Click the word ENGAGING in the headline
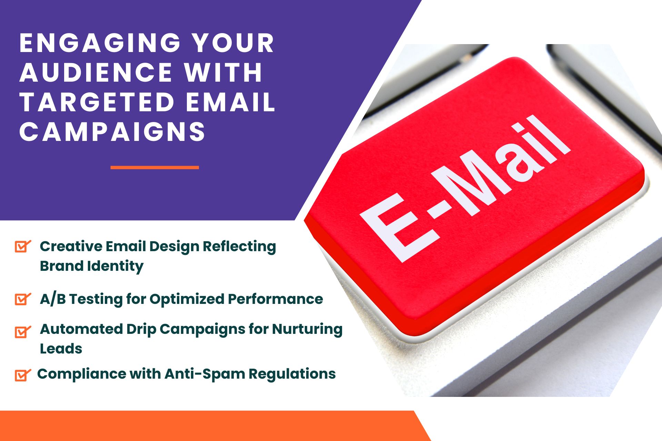100,43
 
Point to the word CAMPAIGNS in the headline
112,132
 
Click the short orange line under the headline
155,167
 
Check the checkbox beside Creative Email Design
23,246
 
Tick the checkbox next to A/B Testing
23,299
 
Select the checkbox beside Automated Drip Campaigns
23,332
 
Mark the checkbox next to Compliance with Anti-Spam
23,375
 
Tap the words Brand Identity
92,266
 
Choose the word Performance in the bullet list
275,299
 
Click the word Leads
61,349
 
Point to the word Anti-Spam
204,374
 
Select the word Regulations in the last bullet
292,374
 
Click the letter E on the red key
400,228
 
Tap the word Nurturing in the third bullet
307,329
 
